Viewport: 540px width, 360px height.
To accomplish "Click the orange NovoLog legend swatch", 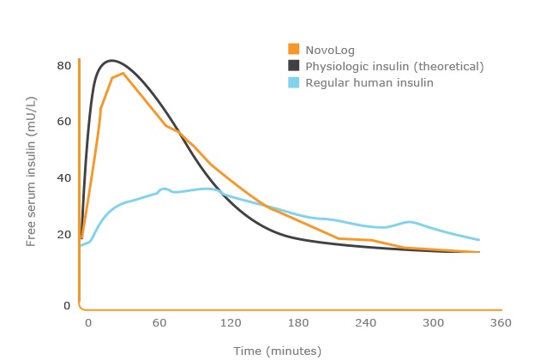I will pos(293,49).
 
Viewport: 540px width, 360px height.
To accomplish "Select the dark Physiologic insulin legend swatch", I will pos(293,66).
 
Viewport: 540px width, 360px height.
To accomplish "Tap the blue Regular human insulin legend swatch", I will pos(293,83).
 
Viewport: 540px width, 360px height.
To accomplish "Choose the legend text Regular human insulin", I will pos(369,83).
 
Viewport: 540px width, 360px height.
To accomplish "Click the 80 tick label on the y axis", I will pos(63,65).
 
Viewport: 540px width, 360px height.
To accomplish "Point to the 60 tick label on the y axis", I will pos(63,121).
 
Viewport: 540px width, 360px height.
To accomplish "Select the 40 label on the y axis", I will pos(63,177).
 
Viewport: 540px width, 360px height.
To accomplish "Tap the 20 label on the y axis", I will pos(63,234).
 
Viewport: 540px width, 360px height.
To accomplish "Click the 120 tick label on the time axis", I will pos(228,322).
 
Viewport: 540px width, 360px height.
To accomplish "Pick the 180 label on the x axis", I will pos(297,322).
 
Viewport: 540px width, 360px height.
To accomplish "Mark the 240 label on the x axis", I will pos(366,322).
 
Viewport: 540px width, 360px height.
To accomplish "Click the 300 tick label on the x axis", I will pos(434,322).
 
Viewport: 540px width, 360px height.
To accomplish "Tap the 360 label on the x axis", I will pos(501,322).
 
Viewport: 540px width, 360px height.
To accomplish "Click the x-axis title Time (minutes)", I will pos(277,351).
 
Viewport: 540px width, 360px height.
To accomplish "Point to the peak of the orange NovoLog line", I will pos(123,73).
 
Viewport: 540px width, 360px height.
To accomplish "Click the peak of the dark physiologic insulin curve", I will pos(111,60).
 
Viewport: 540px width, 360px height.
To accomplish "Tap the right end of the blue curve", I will pos(479,240).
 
